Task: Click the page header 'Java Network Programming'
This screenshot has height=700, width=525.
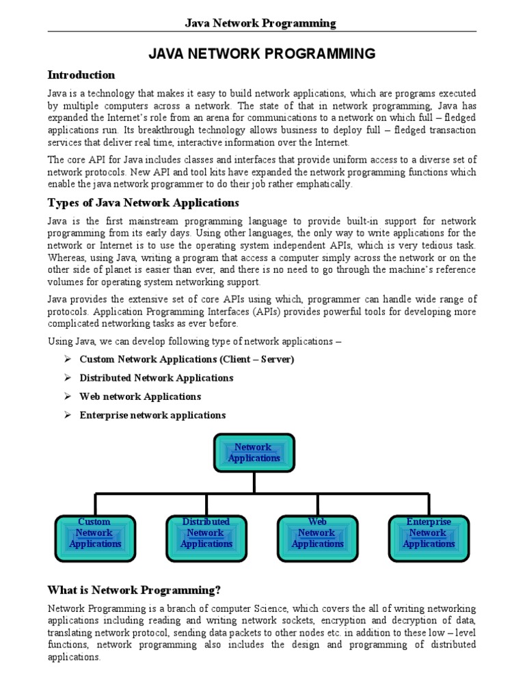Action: [x=261, y=23]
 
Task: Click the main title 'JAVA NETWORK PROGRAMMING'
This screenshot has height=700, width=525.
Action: [x=262, y=54]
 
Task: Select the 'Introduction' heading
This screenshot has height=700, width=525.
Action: [x=81, y=75]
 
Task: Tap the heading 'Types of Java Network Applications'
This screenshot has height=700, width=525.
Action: [x=143, y=202]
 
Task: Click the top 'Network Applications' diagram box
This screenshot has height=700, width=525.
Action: [x=254, y=453]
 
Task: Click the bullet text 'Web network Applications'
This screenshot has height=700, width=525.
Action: [x=140, y=396]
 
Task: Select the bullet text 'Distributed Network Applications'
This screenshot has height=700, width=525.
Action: [x=156, y=378]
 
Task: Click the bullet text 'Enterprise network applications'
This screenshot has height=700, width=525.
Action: [x=152, y=415]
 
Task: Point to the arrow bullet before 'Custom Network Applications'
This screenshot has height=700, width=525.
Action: [x=68, y=360]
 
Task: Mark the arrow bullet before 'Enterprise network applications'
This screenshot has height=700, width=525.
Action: [x=68, y=415]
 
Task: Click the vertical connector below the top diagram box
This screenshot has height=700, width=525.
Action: [x=254, y=482]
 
